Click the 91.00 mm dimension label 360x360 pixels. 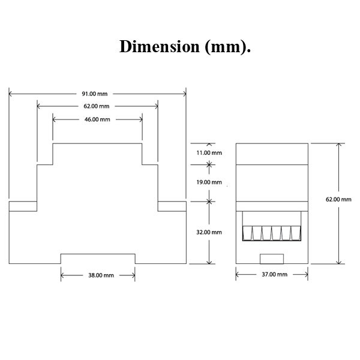(x=97, y=94)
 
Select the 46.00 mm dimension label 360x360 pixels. (x=97, y=119)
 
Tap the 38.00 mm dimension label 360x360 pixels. (x=97, y=275)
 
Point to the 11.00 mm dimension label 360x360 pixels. (x=209, y=153)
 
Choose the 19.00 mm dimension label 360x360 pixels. (x=209, y=182)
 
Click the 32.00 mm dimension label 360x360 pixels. (x=209, y=232)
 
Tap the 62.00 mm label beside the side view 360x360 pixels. (x=338, y=199)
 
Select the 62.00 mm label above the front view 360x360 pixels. (x=97, y=106)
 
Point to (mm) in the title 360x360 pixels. (x=227, y=47)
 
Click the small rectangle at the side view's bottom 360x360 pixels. (x=272, y=258)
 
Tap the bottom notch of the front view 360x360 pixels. (x=97, y=258)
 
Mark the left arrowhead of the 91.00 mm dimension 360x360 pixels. (x=11, y=94)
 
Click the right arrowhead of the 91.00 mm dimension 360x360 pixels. (x=184, y=94)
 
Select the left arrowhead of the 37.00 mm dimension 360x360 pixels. (x=238, y=275)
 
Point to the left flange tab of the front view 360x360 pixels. (x=23, y=206)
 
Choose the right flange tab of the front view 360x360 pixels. (x=172, y=206)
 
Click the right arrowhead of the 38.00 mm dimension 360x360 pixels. (x=133, y=275)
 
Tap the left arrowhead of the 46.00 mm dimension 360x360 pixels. (x=55, y=119)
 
